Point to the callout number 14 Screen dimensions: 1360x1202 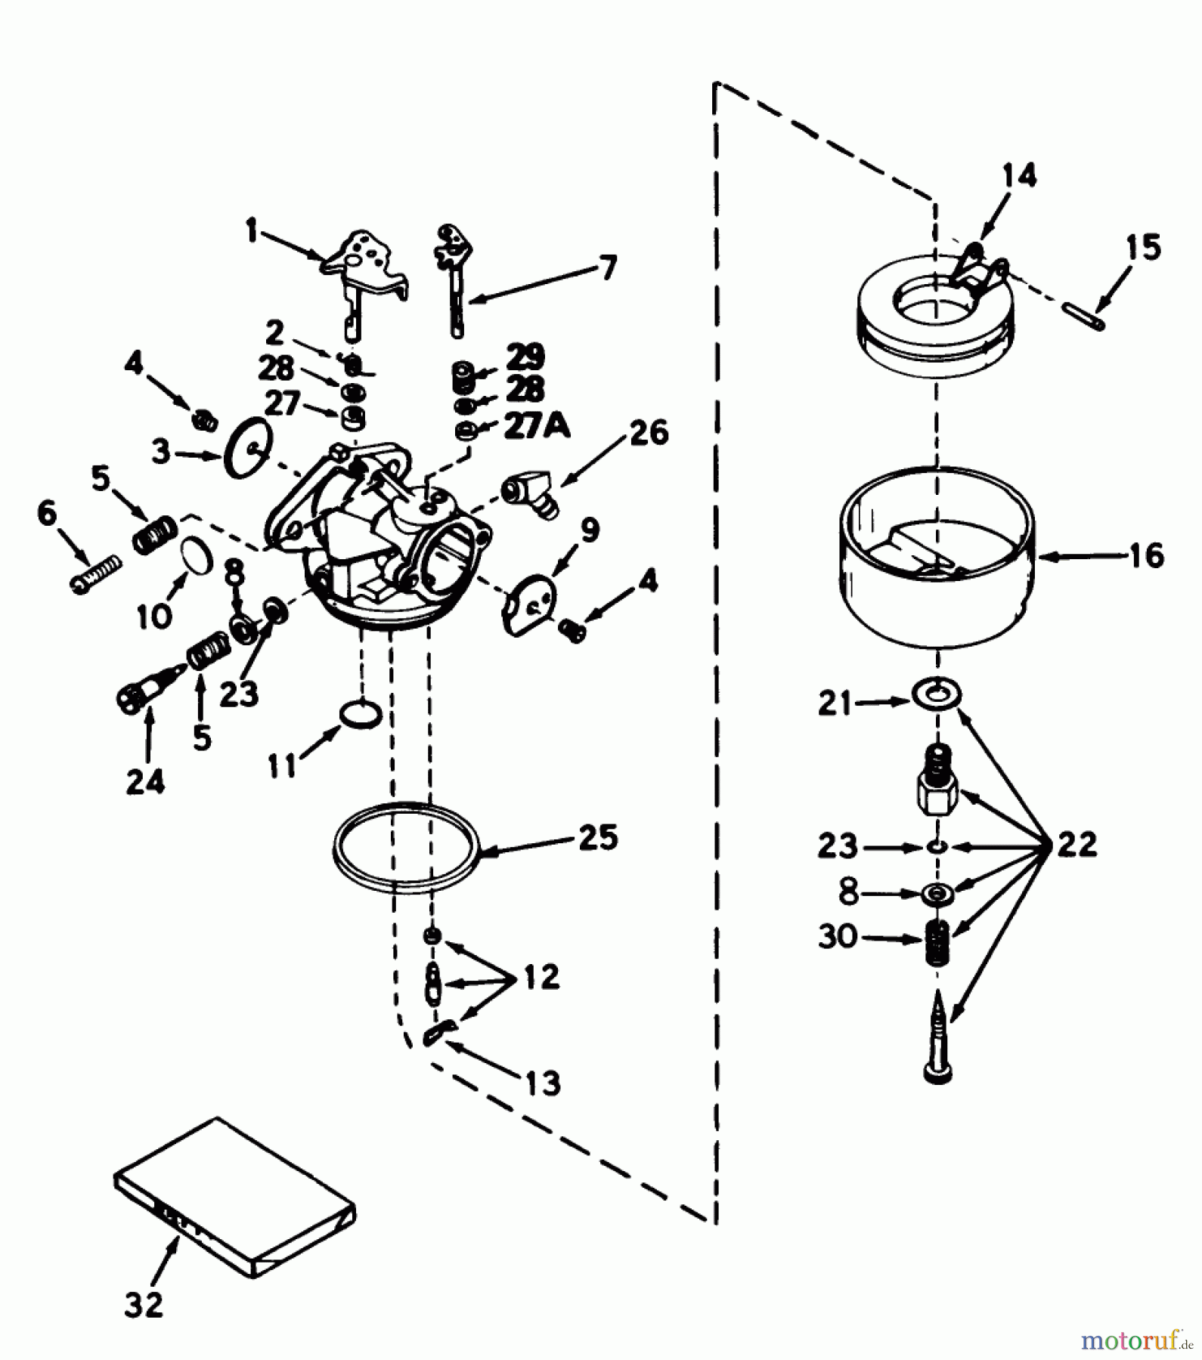1019,175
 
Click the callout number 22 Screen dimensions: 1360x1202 1077,843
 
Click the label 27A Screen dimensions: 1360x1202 537,427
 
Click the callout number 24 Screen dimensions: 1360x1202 145,781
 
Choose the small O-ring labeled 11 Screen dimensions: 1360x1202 360,713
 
